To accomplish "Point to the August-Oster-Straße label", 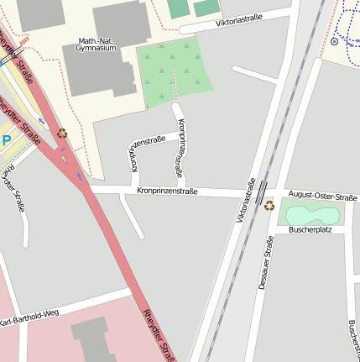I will click(x=322, y=196).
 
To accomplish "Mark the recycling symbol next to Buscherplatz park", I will click(x=269, y=205).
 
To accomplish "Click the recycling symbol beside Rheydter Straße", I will click(x=62, y=133).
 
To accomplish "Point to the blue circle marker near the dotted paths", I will click(x=335, y=40).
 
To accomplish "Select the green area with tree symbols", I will click(x=174, y=71).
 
